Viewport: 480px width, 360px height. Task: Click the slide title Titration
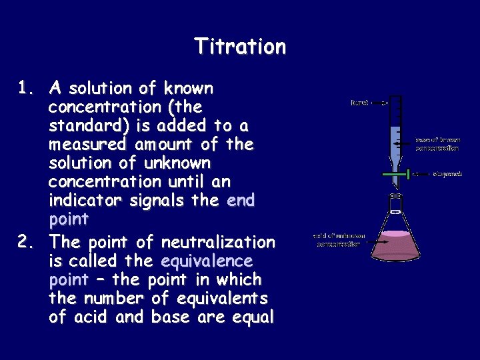pos(240,47)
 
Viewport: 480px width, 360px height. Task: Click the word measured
pos(87,145)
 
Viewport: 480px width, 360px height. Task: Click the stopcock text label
pos(447,175)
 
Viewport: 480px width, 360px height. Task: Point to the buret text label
pos(359,103)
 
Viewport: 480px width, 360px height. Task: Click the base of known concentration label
pos(437,144)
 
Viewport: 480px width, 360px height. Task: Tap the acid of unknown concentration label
pos(337,240)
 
